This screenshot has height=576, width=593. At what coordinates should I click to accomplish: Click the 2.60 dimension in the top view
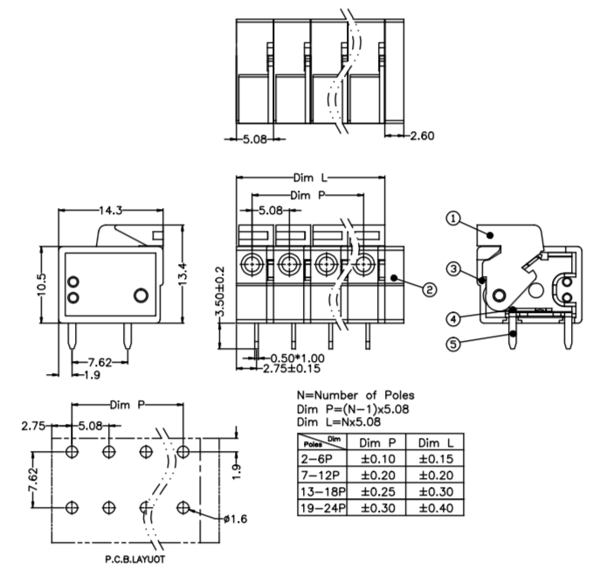(422, 135)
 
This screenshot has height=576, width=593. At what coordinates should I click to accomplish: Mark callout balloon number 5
(452, 344)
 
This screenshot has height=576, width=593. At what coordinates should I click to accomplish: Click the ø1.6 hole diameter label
(237, 518)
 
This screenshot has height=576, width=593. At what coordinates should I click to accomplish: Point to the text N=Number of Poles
(356, 395)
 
